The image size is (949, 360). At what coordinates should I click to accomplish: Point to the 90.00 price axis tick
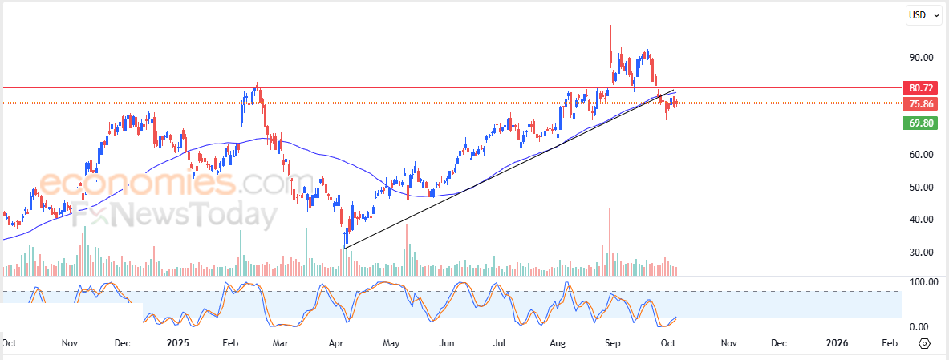pyautogui.click(x=921, y=58)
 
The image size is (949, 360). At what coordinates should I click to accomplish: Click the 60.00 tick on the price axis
pyautogui.click(x=921, y=155)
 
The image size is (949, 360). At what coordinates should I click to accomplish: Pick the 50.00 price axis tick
pyautogui.click(x=921, y=187)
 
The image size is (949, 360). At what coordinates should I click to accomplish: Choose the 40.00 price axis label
pyautogui.click(x=921, y=219)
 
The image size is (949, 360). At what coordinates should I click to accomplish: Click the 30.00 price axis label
pyautogui.click(x=921, y=252)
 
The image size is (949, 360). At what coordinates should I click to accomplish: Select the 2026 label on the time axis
pyautogui.click(x=837, y=343)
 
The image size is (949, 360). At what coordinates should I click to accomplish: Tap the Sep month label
pyautogui.click(x=612, y=343)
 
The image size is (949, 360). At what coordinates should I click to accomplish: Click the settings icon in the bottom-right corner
pyautogui.click(x=924, y=343)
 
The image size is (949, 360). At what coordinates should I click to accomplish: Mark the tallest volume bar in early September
pyautogui.click(x=610, y=241)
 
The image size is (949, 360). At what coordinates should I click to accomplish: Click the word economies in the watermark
pyautogui.click(x=136, y=185)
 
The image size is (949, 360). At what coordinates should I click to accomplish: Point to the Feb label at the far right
pyautogui.click(x=889, y=343)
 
